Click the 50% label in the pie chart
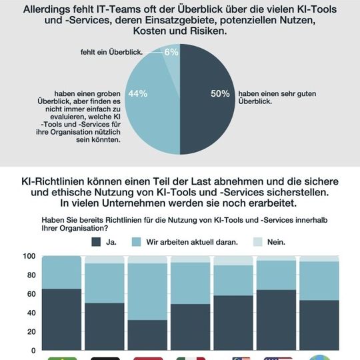(220, 94)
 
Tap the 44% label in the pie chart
(138, 94)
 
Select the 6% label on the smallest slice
(171, 52)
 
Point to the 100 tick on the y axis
(29, 257)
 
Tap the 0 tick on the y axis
(33, 349)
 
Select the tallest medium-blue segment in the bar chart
(147, 291)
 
